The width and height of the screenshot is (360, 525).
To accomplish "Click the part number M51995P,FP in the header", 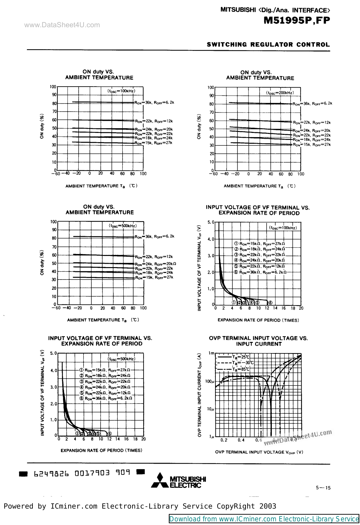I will pyautogui.click(x=296, y=20).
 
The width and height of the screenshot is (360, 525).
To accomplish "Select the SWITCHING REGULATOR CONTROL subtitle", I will pyautogui.click(x=268, y=45).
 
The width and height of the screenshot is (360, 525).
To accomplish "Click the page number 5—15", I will pyautogui.click(x=323, y=488).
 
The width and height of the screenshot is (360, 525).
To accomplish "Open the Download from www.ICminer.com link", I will pyautogui.click(x=264, y=519).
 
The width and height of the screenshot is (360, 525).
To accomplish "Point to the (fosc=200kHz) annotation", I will pyautogui.click(x=280, y=93).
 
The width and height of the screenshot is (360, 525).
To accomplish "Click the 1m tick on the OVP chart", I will pyautogui.click(x=211, y=353).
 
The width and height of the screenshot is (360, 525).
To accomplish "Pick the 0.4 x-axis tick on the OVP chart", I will pyautogui.click(x=241, y=440).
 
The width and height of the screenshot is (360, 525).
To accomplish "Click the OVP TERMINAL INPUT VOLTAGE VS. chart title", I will pyautogui.click(x=258, y=338).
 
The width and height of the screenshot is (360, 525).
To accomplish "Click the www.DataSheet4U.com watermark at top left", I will pyautogui.click(x=62, y=25).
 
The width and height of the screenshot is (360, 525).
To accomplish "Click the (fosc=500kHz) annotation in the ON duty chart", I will pyautogui.click(x=123, y=226).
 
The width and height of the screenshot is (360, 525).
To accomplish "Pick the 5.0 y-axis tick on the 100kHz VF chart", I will pyautogui.click(x=211, y=222).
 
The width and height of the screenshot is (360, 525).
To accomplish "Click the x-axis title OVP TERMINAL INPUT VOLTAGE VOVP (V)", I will pyautogui.click(x=259, y=452).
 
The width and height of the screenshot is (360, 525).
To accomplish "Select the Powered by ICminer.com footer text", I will pyautogui.click(x=140, y=506).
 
